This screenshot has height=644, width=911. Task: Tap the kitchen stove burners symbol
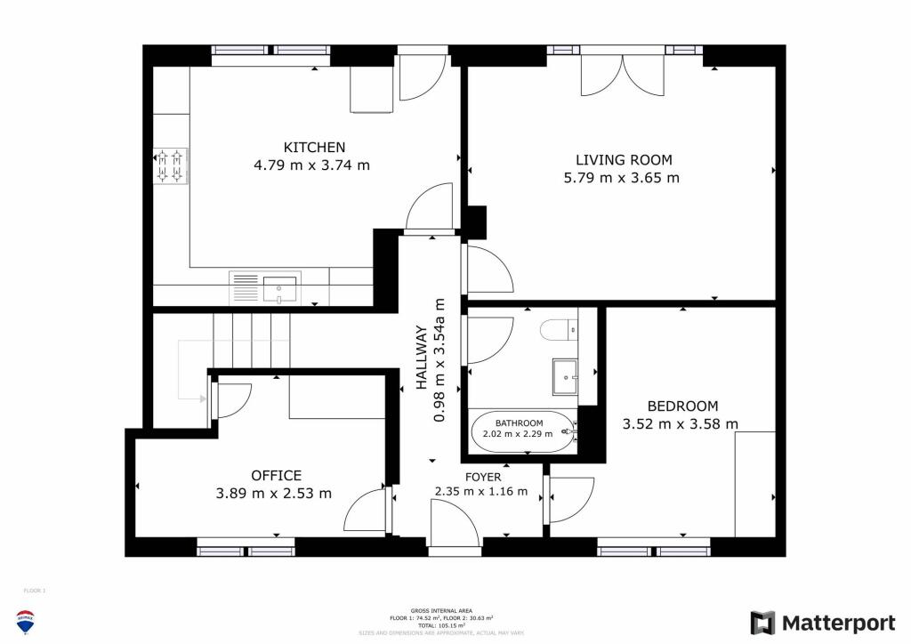click(x=171, y=165)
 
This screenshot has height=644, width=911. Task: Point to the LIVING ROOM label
click(x=623, y=160)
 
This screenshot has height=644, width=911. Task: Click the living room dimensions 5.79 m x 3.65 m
click(x=623, y=178)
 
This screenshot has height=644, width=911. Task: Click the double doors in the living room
click(x=623, y=75)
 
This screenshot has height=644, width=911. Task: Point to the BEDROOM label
click(x=681, y=406)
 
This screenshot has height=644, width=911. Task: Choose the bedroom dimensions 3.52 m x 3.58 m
click(x=681, y=424)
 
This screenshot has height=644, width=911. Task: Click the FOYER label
click(x=457, y=476)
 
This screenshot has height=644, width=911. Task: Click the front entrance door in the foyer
click(x=455, y=525)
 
